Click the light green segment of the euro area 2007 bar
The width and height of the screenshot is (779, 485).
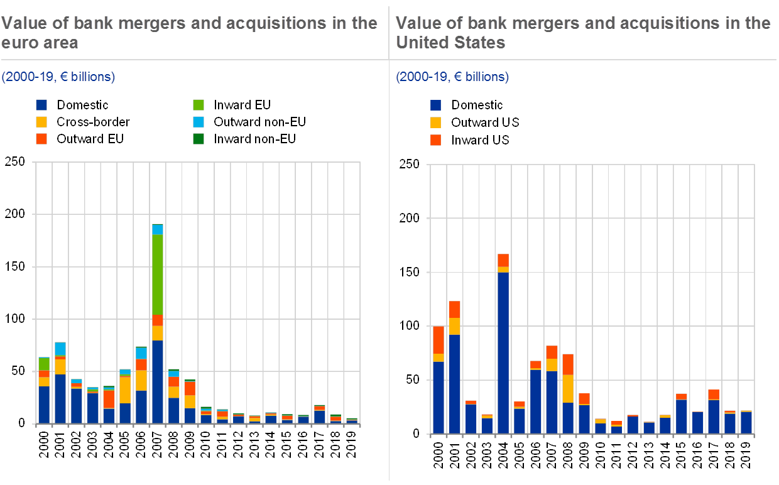(x=157, y=275)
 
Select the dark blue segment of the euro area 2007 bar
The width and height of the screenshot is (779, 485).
(x=157, y=381)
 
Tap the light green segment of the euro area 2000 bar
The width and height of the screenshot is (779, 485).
(x=44, y=364)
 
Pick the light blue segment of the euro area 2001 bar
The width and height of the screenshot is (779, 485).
(x=60, y=349)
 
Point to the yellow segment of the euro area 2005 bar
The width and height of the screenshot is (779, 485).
(x=125, y=390)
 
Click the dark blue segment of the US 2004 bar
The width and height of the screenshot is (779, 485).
(x=503, y=352)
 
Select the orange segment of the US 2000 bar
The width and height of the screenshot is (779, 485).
(x=438, y=340)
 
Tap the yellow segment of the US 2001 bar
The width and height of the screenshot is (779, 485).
(x=454, y=326)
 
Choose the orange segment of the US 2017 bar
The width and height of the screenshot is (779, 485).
(x=714, y=395)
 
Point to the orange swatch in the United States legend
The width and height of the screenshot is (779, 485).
(x=436, y=140)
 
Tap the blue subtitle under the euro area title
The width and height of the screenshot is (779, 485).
(x=58, y=77)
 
